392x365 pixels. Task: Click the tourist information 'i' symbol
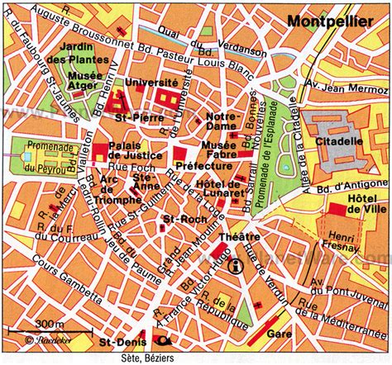pyautogui.click(x=236, y=266)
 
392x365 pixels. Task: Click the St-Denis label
pyautogui.click(x=115, y=339)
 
